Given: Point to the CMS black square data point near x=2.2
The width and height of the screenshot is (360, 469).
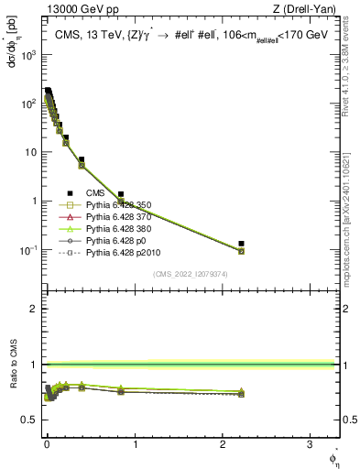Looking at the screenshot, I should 241,244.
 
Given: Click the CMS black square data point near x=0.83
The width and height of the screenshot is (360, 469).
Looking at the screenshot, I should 120,194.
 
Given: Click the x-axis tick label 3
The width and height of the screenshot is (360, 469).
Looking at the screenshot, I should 311,445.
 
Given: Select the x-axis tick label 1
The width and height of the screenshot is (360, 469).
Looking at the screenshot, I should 135,445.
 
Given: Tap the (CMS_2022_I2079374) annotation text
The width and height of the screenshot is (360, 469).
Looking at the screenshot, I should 190,273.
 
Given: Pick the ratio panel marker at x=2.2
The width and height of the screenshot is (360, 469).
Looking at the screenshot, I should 241,392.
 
